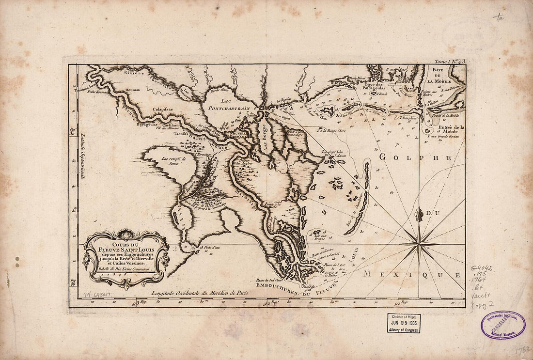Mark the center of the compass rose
[x=419, y=244]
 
